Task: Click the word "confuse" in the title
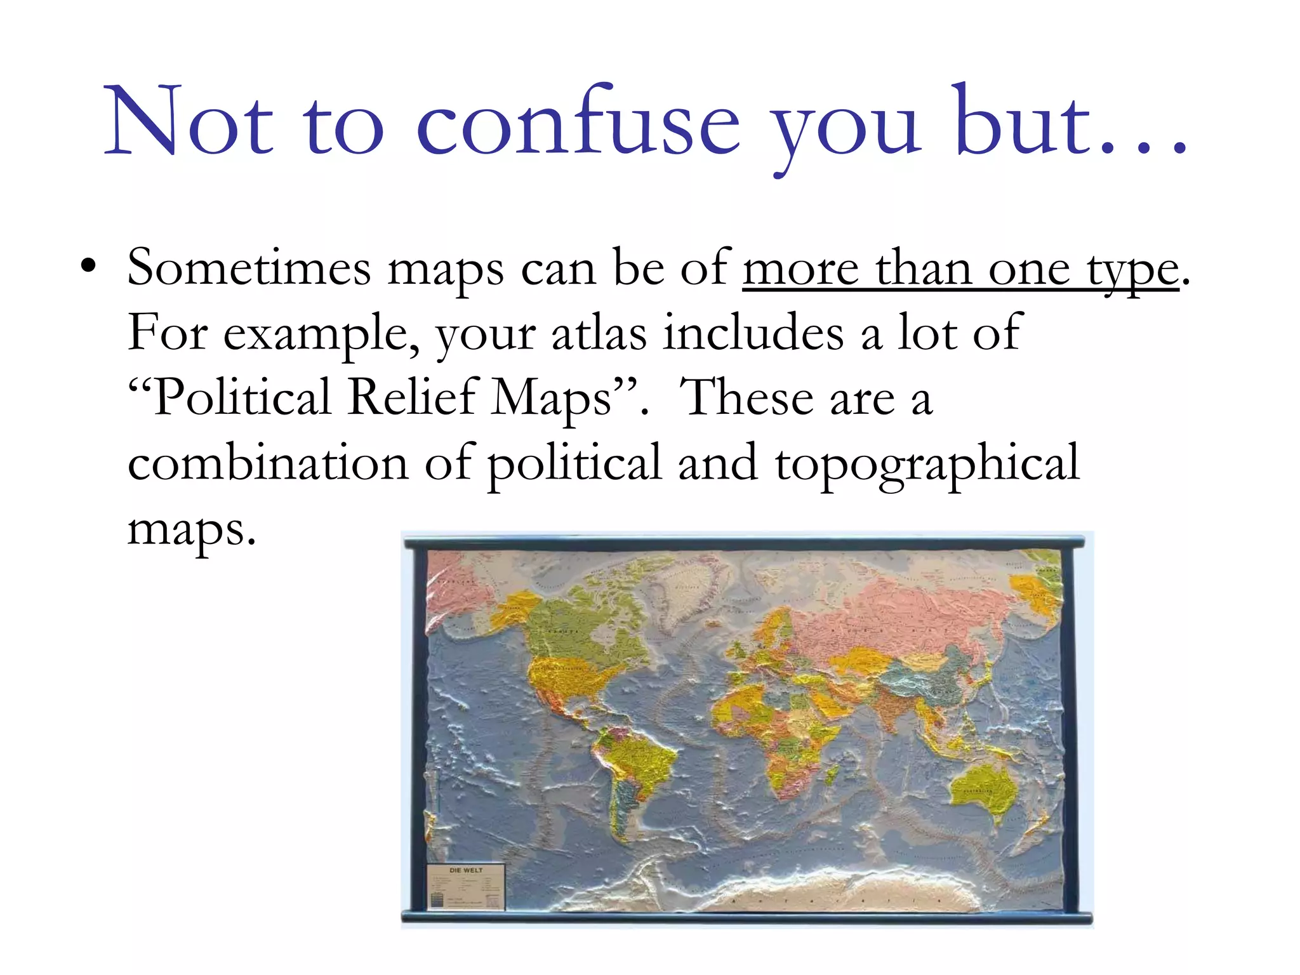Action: (578, 124)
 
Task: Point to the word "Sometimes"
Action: (248, 268)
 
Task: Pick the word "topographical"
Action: (927, 464)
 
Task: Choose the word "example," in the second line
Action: (321, 334)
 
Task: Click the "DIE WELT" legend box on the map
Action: (465, 887)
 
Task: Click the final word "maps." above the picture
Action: (192, 529)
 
